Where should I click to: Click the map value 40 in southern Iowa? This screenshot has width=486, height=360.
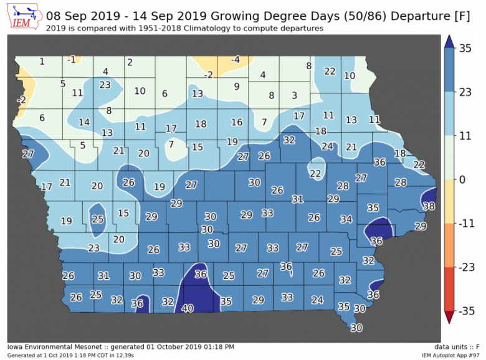pyautogui.click(x=188, y=308)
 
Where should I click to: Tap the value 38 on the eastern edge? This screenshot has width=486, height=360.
pyautogui.click(x=429, y=206)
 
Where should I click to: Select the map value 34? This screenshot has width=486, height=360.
pyautogui.click(x=346, y=219)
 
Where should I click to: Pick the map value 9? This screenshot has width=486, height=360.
pyautogui.click(x=237, y=86)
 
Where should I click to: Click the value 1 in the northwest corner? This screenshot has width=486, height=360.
pyautogui.click(x=42, y=61)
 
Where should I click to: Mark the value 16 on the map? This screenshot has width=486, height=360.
pyautogui.click(x=237, y=122)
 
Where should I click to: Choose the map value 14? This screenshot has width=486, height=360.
pyautogui.click(x=83, y=121)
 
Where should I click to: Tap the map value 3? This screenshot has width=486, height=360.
pyautogui.click(x=295, y=95)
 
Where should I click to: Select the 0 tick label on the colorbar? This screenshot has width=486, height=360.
pyautogui.click(x=462, y=179)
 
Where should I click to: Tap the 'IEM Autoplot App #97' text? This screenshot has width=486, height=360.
pyautogui.click(x=450, y=354)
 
